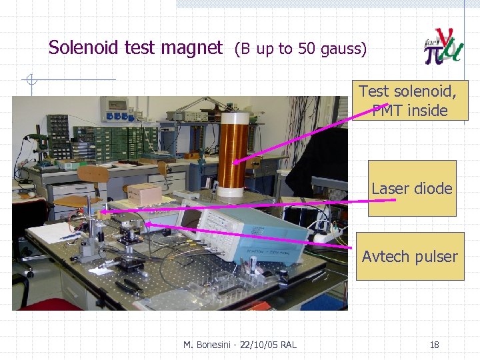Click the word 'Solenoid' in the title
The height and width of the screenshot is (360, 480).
click(x=81, y=48)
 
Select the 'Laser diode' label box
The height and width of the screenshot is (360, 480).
click(x=412, y=189)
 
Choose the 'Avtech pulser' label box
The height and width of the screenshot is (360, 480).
click(x=409, y=256)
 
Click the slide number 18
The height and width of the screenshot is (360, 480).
click(x=434, y=345)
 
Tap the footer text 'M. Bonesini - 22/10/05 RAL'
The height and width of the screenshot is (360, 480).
click(x=240, y=345)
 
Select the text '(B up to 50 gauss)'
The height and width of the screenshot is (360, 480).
click(x=299, y=49)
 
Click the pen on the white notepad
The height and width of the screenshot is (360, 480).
click(x=70, y=235)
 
